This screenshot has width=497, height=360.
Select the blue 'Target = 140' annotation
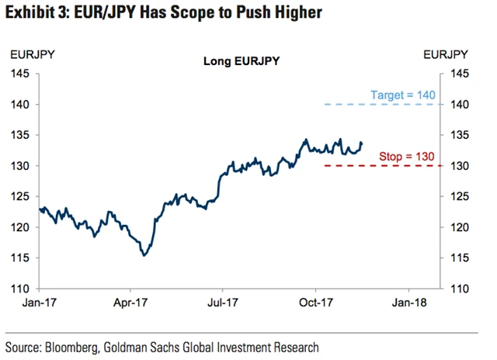pos(403,94)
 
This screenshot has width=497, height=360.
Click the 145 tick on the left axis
pos(19,74)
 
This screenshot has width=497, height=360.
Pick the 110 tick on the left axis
pos(19,289)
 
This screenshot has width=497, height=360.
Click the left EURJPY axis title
pos(31,54)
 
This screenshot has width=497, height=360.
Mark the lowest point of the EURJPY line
pos(144,255)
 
